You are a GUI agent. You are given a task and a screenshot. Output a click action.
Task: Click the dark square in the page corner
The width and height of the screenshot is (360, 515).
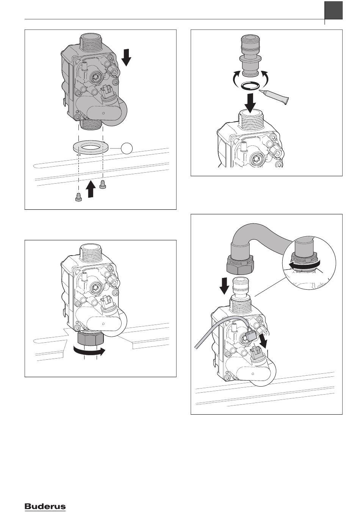pyautogui.click(x=333, y=10)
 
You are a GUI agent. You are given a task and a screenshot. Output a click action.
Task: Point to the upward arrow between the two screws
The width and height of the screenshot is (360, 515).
pyautogui.click(x=91, y=189)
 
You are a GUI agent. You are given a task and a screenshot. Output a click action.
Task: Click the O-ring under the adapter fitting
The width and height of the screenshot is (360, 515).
pyautogui.click(x=250, y=86)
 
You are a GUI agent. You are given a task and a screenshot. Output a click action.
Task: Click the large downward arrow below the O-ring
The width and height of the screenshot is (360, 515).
pyautogui.click(x=250, y=101)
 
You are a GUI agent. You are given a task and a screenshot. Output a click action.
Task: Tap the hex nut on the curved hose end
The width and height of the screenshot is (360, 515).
pyautogui.click(x=240, y=266)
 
